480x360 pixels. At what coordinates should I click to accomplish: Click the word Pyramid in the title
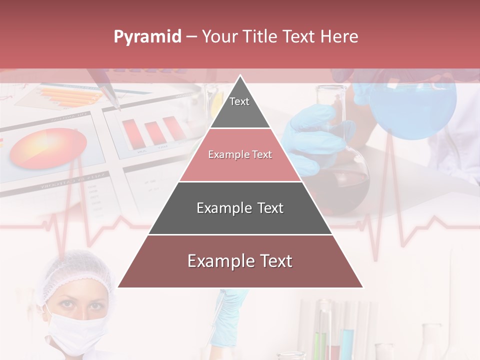(147, 37)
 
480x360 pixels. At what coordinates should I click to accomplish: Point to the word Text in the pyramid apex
(239, 101)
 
